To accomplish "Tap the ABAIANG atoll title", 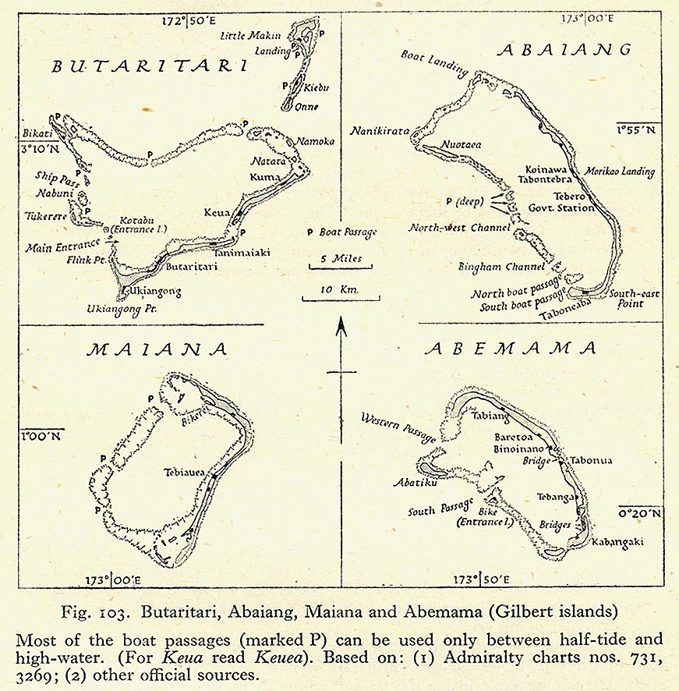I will click(x=564, y=50).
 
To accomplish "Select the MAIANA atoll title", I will click(x=156, y=349).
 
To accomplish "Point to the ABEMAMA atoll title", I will click(x=511, y=349).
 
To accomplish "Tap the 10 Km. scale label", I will click(x=341, y=289).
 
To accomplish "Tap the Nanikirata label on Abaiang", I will click(x=380, y=131).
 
